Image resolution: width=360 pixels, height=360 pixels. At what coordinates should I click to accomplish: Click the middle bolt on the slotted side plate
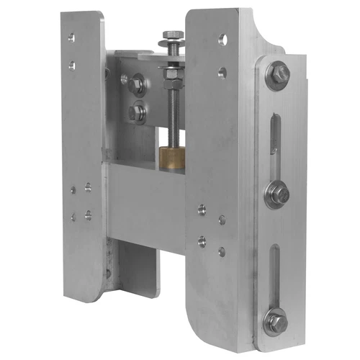pyautogui.click(x=278, y=194)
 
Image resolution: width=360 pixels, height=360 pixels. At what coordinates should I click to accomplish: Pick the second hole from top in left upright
pyautogui.click(x=71, y=66)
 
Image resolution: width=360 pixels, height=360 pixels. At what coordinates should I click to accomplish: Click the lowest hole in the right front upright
pyautogui.click(x=222, y=251)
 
